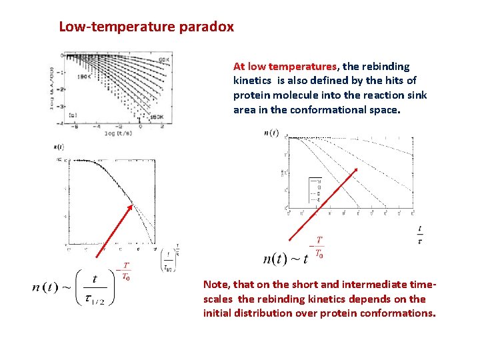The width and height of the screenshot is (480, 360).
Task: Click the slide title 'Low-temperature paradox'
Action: (x=146, y=27)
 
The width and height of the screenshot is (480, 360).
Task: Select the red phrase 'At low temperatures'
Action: (x=285, y=67)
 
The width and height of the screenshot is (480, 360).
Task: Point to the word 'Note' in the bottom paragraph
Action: (x=217, y=284)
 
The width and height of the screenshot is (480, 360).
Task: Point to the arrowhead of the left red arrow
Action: (x=132, y=204)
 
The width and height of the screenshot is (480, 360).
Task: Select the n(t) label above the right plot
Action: (x=272, y=133)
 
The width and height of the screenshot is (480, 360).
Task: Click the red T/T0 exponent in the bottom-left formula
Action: (x=124, y=271)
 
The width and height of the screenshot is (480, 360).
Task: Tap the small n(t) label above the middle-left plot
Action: (x=58, y=146)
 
